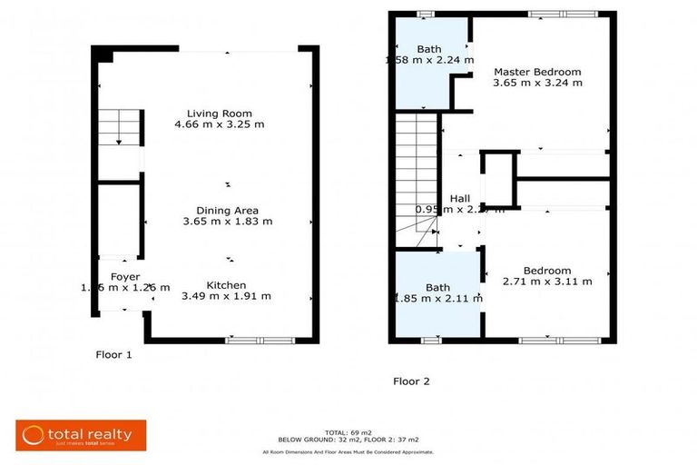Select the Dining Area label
[x=227, y=209]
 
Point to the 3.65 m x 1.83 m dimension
[x=227, y=221]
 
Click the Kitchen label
[x=226, y=283]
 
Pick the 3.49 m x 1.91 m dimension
[x=226, y=295]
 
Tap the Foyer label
[x=125, y=276]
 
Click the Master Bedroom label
[x=537, y=71]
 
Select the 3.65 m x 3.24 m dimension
[x=537, y=83]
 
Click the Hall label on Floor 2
[x=459, y=198]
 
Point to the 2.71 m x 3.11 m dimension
[x=547, y=282]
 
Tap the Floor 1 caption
[x=114, y=355]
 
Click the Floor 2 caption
[x=411, y=381]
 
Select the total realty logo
[x=80, y=434]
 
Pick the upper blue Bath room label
[x=428, y=48]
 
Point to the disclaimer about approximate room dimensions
[x=348, y=451]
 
